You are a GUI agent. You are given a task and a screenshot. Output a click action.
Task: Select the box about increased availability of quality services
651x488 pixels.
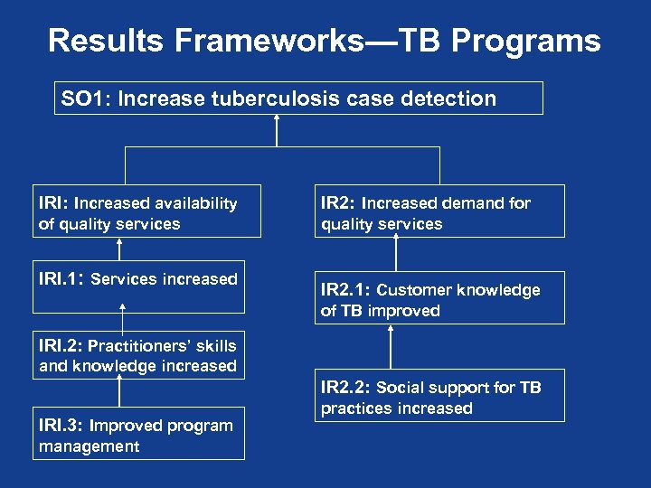[x=146, y=211]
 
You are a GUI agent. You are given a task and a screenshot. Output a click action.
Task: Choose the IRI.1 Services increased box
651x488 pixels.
[x=138, y=279]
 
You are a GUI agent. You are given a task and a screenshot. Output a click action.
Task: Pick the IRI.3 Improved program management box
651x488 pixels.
[x=138, y=435]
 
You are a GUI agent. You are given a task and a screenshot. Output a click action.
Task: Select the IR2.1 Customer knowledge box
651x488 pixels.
[x=439, y=298]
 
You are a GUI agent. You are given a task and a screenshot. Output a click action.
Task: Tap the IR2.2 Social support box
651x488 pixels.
[x=439, y=396]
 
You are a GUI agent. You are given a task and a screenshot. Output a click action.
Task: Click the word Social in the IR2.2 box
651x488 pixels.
[x=401, y=388]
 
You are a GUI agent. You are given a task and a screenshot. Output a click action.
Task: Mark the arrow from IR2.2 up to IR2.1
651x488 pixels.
[x=391, y=347]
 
